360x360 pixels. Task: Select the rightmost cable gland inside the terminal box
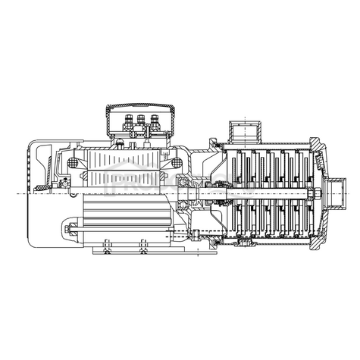(156, 118)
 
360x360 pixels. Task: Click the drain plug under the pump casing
(246, 243)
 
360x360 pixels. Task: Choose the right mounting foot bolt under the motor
(143, 246)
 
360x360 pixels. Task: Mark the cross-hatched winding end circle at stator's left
(74, 163)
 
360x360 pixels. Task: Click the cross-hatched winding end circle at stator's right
(177, 163)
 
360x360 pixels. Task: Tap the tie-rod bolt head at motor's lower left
(67, 227)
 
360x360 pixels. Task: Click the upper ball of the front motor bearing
(182, 184)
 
